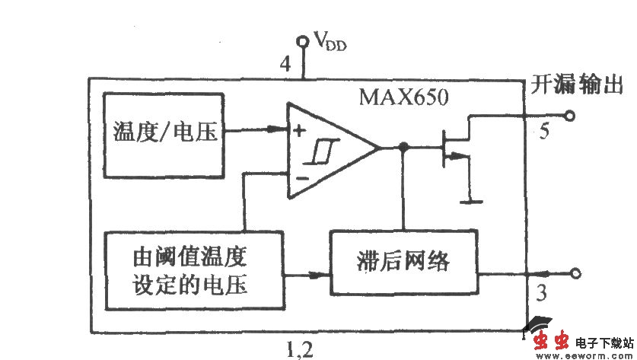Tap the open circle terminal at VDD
click(304, 40)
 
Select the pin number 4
click(285, 65)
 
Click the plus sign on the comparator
click(300, 130)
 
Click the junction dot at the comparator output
click(403, 146)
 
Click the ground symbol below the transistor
click(473, 202)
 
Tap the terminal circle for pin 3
click(575, 273)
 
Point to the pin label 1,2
click(298, 349)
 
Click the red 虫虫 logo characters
click(551, 341)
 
